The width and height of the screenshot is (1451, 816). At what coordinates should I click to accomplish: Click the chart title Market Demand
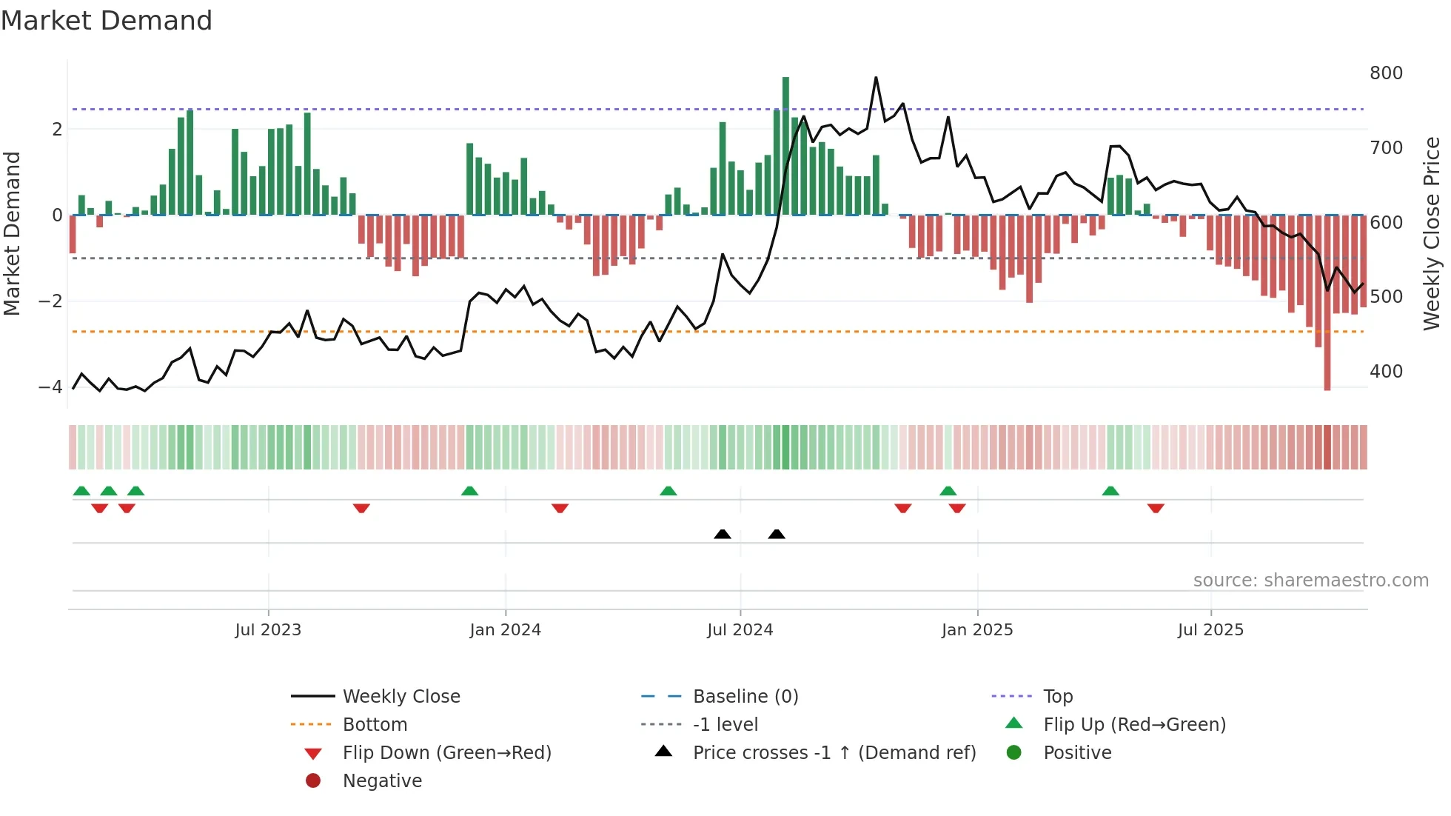click(107, 21)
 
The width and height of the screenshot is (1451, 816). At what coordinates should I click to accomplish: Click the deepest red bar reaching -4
click(1327, 304)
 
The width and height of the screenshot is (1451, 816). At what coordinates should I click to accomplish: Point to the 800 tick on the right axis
click(1386, 73)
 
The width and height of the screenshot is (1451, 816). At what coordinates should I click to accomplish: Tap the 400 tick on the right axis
click(1386, 372)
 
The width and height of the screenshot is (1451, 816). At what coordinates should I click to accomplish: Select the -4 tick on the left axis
click(50, 387)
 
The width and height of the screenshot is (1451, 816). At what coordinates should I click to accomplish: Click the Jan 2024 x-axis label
click(505, 630)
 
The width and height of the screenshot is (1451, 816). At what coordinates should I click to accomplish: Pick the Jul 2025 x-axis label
click(1210, 630)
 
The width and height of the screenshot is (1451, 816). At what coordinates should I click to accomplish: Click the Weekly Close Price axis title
click(1432, 233)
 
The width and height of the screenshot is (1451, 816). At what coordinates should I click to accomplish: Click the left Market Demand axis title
click(12, 233)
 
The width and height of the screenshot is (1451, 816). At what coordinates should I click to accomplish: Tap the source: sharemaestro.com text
click(1310, 581)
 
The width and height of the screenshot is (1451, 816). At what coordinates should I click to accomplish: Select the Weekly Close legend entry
click(401, 697)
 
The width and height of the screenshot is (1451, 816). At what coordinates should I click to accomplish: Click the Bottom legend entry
click(375, 725)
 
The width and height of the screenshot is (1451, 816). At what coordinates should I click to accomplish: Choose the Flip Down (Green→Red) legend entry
click(446, 753)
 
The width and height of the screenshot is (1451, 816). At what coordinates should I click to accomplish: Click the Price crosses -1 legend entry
click(834, 753)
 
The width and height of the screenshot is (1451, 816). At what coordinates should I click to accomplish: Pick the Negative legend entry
click(382, 781)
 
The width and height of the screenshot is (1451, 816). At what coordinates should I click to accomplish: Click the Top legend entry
click(1057, 697)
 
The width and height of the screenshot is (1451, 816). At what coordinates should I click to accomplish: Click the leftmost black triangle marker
click(723, 534)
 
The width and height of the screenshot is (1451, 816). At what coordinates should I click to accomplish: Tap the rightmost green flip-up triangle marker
click(1110, 491)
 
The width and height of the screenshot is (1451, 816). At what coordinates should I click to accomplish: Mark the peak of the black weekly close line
click(876, 77)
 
